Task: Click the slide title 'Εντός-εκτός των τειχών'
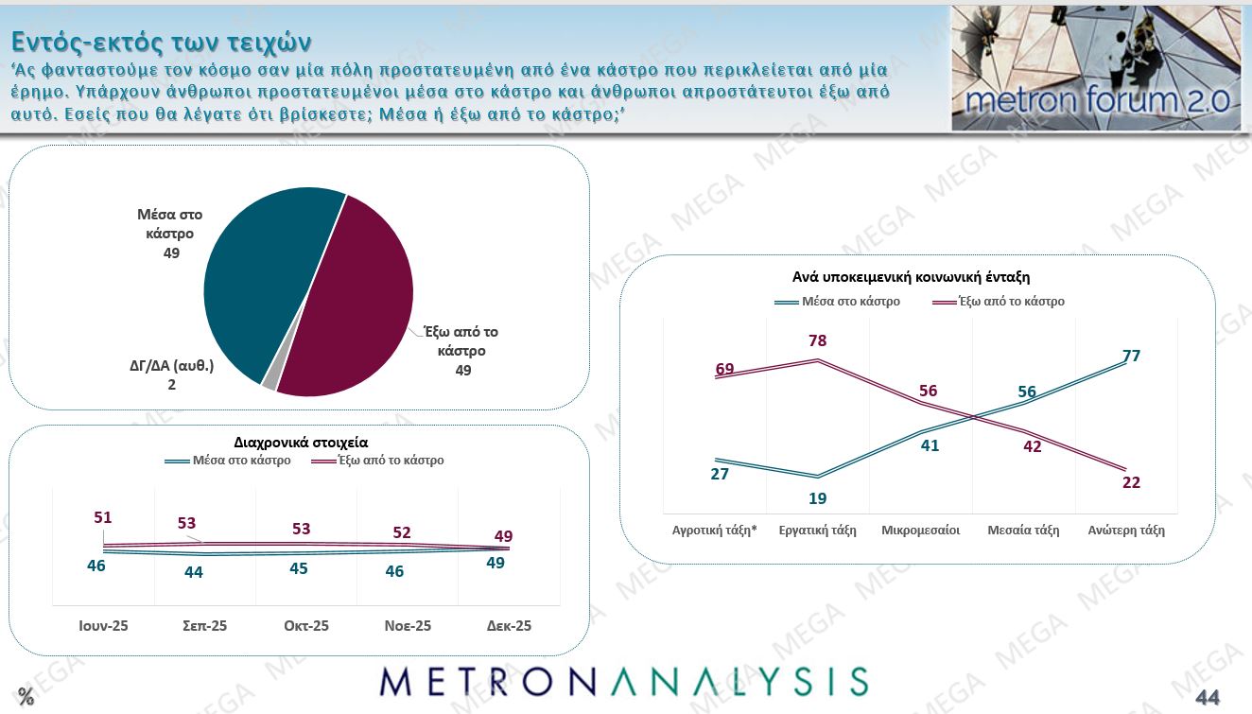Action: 161,42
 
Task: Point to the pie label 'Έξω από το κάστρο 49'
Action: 461,351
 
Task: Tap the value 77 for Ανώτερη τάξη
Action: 1130,356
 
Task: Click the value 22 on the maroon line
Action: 1130,482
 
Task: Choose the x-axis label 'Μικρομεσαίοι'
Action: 920,531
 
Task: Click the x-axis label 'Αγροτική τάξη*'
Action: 714,531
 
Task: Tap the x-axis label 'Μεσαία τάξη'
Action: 1024,531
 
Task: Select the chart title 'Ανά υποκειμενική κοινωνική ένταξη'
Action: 911,277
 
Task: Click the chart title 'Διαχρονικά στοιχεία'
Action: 301,442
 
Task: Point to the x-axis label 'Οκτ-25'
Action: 306,626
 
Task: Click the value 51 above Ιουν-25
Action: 104,517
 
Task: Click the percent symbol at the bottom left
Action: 26,698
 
